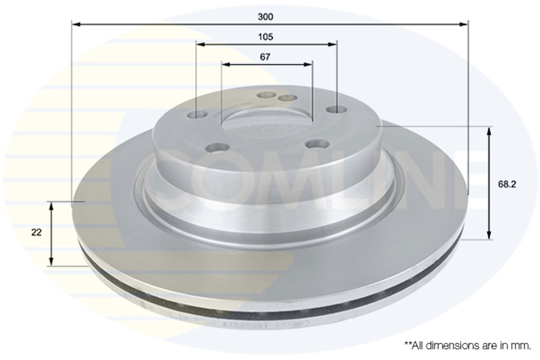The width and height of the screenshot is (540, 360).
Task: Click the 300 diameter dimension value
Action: [265, 17]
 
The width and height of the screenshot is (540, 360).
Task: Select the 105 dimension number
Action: [265, 37]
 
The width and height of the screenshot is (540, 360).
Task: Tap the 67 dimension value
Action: [265, 57]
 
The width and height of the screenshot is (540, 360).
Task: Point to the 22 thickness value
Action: [37, 233]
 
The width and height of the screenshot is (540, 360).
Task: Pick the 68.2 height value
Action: [507, 184]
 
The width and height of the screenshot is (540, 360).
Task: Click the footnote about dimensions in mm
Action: [468, 344]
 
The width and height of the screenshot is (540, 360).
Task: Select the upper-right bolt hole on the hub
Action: [336, 110]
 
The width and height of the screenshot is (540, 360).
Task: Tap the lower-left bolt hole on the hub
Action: [218, 147]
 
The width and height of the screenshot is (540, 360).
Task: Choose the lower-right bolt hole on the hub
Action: [317, 144]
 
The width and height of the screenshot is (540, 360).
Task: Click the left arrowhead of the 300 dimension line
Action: [76, 24]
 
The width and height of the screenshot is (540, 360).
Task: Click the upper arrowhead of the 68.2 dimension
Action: [489, 131]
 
